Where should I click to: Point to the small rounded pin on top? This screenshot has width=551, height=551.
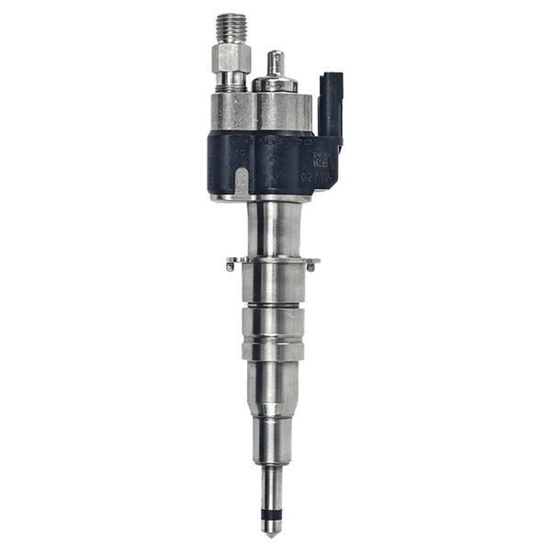(x=274, y=62)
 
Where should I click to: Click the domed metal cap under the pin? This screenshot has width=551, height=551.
(x=275, y=83)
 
